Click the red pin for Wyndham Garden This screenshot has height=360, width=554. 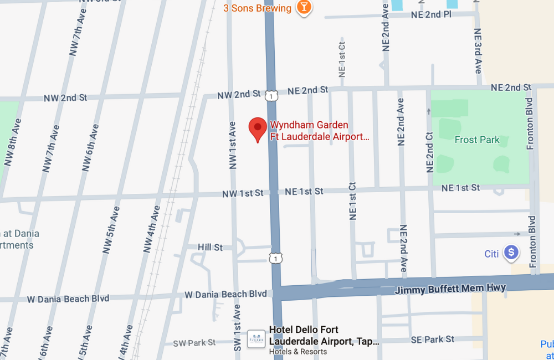(x=257, y=129)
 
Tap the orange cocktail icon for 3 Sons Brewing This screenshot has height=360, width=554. (x=304, y=8)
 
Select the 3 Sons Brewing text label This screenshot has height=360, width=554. (x=257, y=8)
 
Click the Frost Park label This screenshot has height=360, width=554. (x=477, y=140)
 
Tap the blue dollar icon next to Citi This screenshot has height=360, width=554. (x=511, y=253)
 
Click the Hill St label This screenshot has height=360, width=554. (x=211, y=247)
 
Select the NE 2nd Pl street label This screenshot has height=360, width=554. (x=432, y=15)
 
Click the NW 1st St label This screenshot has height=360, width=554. (x=243, y=193)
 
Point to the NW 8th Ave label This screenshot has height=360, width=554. (x=13, y=142)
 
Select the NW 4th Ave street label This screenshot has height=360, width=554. (x=152, y=229)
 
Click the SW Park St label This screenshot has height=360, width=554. (x=194, y=343)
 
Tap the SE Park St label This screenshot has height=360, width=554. (x=432, y=339)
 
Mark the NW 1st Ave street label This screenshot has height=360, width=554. (x=232, y=145)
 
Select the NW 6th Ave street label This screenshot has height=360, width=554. (x=90, y=147)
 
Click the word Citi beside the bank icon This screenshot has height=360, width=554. (x=491, y=254)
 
